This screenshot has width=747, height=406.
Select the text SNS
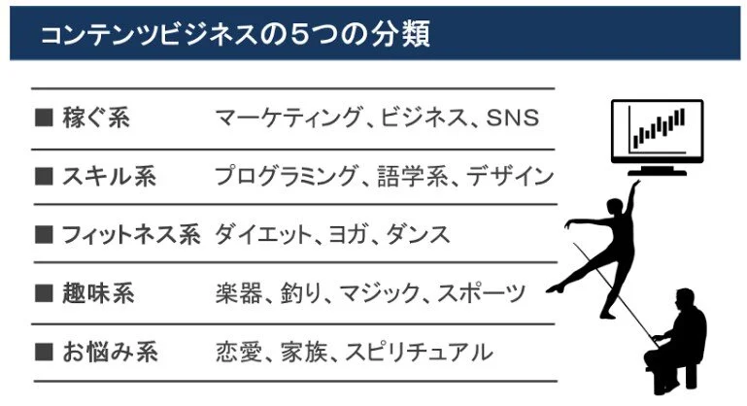tap(511, 118)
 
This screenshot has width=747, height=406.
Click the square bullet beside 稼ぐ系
tap(42, 118)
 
